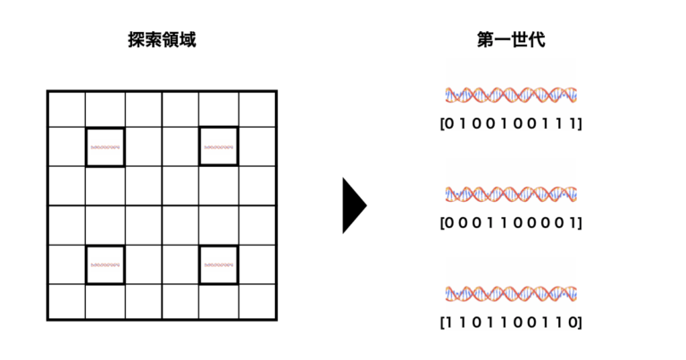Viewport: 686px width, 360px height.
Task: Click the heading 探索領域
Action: [x=162, y=40]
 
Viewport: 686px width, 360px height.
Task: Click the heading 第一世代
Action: [x=511, y=40]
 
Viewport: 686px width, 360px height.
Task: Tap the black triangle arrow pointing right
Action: [x=353, y=205]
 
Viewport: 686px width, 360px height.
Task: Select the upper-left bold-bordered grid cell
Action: [x=105, y=147]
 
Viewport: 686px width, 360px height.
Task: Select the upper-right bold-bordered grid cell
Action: [x=219, y=147]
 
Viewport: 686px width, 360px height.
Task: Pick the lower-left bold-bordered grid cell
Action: [x=105, y=264]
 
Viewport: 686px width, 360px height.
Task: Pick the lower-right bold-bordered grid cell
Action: [x=219, y=264]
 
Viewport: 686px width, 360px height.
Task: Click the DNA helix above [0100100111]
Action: [x=511, y=94]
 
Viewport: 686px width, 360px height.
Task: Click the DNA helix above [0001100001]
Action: [x=511, y=193]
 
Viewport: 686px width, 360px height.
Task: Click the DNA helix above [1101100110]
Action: [x=511, y=292]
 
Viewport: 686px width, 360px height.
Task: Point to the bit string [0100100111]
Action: [x=511, y=122]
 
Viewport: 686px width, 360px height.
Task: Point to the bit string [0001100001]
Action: [x=511, y=222]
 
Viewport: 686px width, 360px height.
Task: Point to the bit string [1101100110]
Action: [x=511, y=321]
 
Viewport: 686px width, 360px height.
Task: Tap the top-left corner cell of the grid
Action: [x=66, y=109]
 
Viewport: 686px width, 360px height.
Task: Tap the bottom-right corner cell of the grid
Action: [x=257, y=302]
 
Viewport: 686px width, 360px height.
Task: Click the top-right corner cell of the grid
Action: [x=257, y=109]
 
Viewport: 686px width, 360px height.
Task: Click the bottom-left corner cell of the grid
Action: [x=66, y=302]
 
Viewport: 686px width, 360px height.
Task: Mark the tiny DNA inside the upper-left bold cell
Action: [x=105, y=147]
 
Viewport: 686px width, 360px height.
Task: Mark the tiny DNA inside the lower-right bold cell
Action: [x=219, y=264]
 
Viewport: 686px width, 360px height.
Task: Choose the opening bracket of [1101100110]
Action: [x=444, y=321]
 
